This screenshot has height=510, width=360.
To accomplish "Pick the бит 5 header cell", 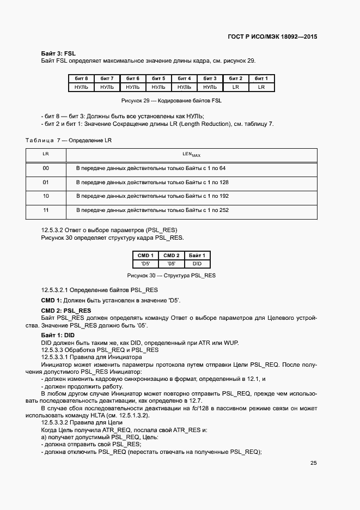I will coord(158,78).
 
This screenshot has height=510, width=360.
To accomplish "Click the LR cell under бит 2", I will coord(236,87).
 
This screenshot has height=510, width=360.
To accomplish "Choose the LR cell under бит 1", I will coord(261,87).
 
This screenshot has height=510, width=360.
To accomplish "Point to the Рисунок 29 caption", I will coord(171,101).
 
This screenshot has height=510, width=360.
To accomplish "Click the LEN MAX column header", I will coord(191,155).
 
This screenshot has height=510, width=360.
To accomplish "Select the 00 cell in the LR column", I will coord(46,168).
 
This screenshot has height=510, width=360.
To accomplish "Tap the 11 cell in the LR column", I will coord(46,210).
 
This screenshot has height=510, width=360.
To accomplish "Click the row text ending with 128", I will coord(152,182).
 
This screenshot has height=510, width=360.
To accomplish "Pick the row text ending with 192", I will coord(152,196).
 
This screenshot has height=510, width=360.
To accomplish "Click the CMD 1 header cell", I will coord(145,256).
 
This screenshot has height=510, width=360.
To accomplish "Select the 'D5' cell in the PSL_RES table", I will coord(145,264).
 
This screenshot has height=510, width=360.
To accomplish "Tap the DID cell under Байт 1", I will coord(197,264).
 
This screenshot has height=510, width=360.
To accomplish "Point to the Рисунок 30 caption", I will coord(171,276).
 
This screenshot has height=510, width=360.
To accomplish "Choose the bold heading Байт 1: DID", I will coord(58,335).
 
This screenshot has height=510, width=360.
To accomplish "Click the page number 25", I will coord(314,463).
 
